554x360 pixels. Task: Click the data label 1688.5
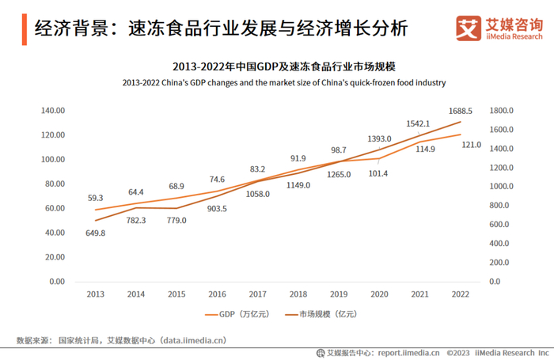tap(460, 112)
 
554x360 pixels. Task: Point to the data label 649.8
tap(95, 233)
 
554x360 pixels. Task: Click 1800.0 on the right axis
tap(503, 111)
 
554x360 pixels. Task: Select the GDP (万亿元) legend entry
tap(237, 314)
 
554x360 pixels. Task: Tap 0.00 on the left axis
tap(56, 282)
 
